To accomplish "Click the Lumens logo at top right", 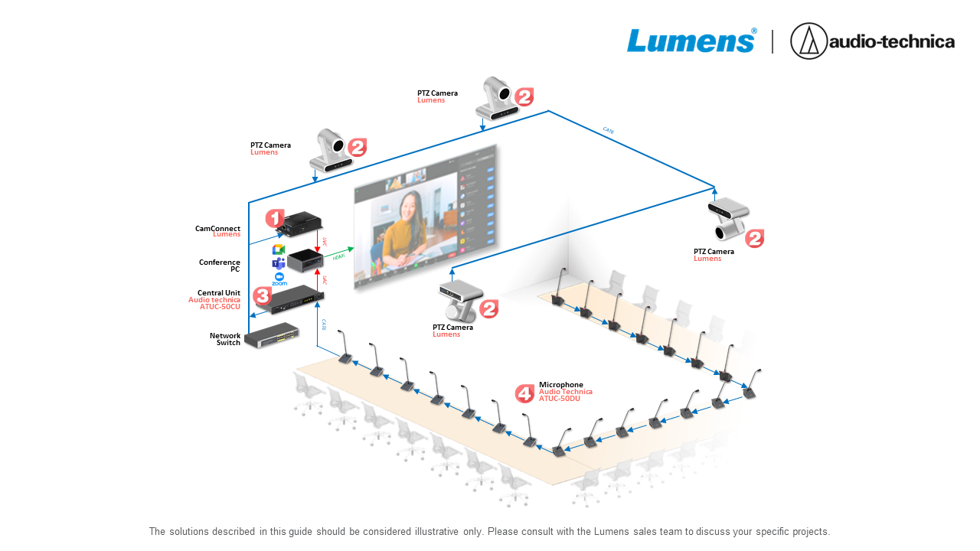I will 691,41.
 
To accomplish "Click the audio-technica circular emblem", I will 808,41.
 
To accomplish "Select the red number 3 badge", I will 262,295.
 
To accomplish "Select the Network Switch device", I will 276,334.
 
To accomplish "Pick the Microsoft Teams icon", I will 279,264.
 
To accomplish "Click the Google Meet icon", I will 279,250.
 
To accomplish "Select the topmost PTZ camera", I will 498,98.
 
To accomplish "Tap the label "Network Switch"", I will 225,339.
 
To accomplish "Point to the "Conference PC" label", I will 220,266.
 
